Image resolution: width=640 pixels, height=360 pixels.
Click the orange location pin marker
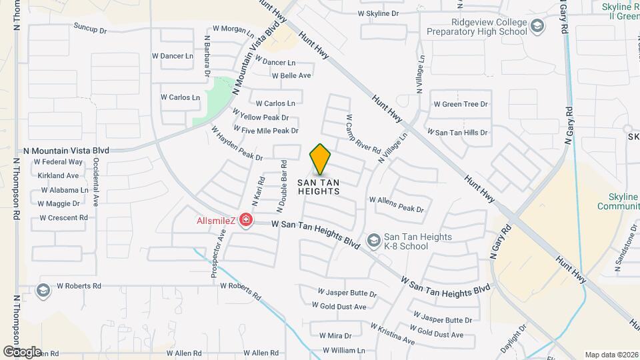(321, 160)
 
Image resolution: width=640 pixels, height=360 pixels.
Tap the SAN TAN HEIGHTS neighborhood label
(318, 187)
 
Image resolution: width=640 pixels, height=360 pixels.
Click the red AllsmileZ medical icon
(246, 220)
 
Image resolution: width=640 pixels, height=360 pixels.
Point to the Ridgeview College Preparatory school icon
(537, 25)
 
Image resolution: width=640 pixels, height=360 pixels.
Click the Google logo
(22, 351)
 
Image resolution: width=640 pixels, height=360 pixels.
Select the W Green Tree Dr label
(461, 104)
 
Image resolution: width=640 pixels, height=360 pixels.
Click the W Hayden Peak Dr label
(237, 143)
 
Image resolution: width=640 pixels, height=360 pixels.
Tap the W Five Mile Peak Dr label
(265, 131)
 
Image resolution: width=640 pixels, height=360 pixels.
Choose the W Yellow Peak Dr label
(260, 117)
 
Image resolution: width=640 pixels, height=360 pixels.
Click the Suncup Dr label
(90, 30)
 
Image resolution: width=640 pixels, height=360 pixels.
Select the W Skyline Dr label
(378, 13)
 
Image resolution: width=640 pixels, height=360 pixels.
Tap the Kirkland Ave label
(58, 175)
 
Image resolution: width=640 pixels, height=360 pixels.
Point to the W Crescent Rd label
(63, 217)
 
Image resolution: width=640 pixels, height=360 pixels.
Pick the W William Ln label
(344, 350)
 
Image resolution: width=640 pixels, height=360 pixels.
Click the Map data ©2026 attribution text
(611, 355)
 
